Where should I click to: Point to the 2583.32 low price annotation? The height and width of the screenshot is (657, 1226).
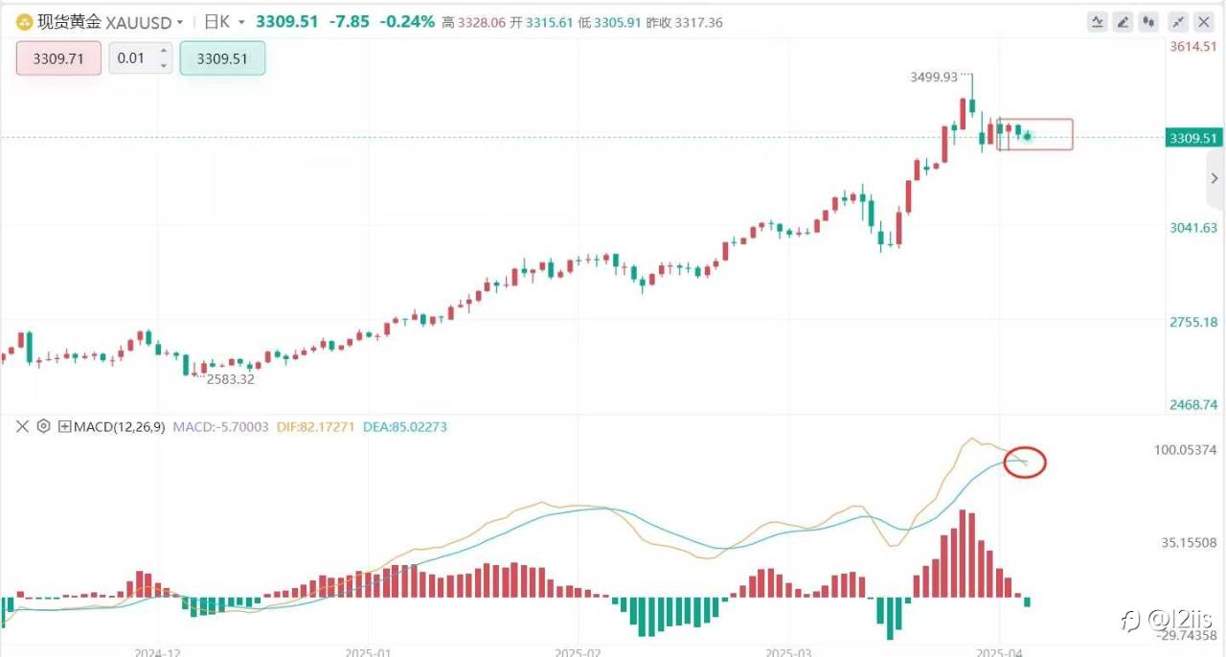pyautogui.click(x=231, y=379)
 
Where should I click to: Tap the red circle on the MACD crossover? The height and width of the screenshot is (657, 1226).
pyautogui.click(x=1024, y=464)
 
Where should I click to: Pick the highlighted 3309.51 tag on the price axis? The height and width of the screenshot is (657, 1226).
pyautogui.click(x=1193, y=138)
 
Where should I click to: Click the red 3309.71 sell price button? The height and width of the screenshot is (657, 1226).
pyautogui.click(x=58, y=58)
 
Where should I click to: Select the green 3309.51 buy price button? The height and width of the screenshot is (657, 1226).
pyautogui.click(x=222, y=58)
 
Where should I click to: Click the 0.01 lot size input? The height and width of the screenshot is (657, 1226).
pyautogui.click(x=131, y=58)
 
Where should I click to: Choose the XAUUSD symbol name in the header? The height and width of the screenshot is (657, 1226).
pyautogui.click(x=139, y=22)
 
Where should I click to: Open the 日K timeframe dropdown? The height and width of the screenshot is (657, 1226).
pyautogui.click(x=226, y=22)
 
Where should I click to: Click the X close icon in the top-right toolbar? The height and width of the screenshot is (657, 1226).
pyautogui.click(x=1205, y=22)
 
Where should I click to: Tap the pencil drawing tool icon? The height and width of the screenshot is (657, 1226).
pyautogui.click(x=1124, y=22)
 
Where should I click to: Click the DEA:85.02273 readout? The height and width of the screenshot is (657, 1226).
pyautogui.click(x=405, y=427)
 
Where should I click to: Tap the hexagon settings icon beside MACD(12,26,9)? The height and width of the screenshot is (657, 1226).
pyautogui.click(x=43, y=427)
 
